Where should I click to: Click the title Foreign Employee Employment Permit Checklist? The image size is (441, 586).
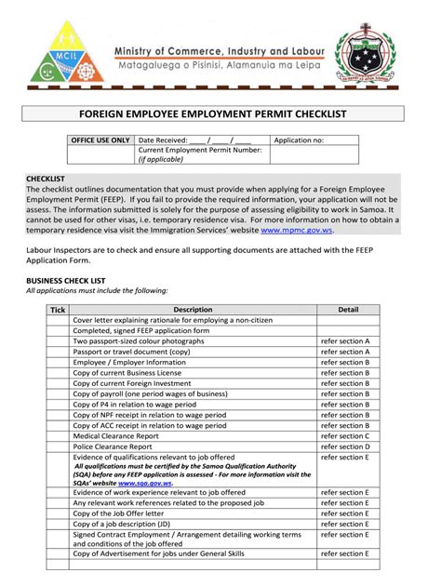(220, 114)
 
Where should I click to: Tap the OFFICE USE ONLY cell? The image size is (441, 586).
(100, 140)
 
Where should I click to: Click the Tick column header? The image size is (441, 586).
(58, 309)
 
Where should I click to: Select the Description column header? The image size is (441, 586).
(193, 309)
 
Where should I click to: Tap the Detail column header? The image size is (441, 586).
(348, 309)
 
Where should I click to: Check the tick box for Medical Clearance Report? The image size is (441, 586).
(58, 435)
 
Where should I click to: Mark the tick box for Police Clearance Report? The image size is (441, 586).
(58, 446)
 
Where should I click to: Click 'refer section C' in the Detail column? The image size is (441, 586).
(345, 435)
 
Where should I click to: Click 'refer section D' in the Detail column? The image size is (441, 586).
(345, 446)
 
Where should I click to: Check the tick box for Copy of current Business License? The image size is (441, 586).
(58, 372)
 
